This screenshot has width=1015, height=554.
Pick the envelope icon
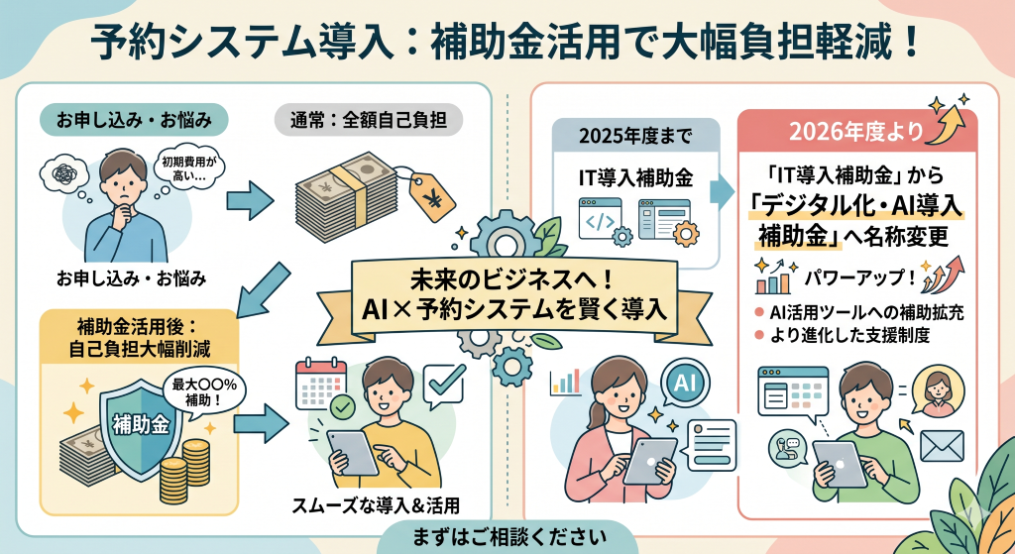(x=942, y=447)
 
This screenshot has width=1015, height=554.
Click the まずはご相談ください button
(x=507, y=538)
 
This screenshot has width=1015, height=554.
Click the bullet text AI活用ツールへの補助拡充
(x=865, y=312)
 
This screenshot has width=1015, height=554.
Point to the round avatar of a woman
(x=937, y=390)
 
